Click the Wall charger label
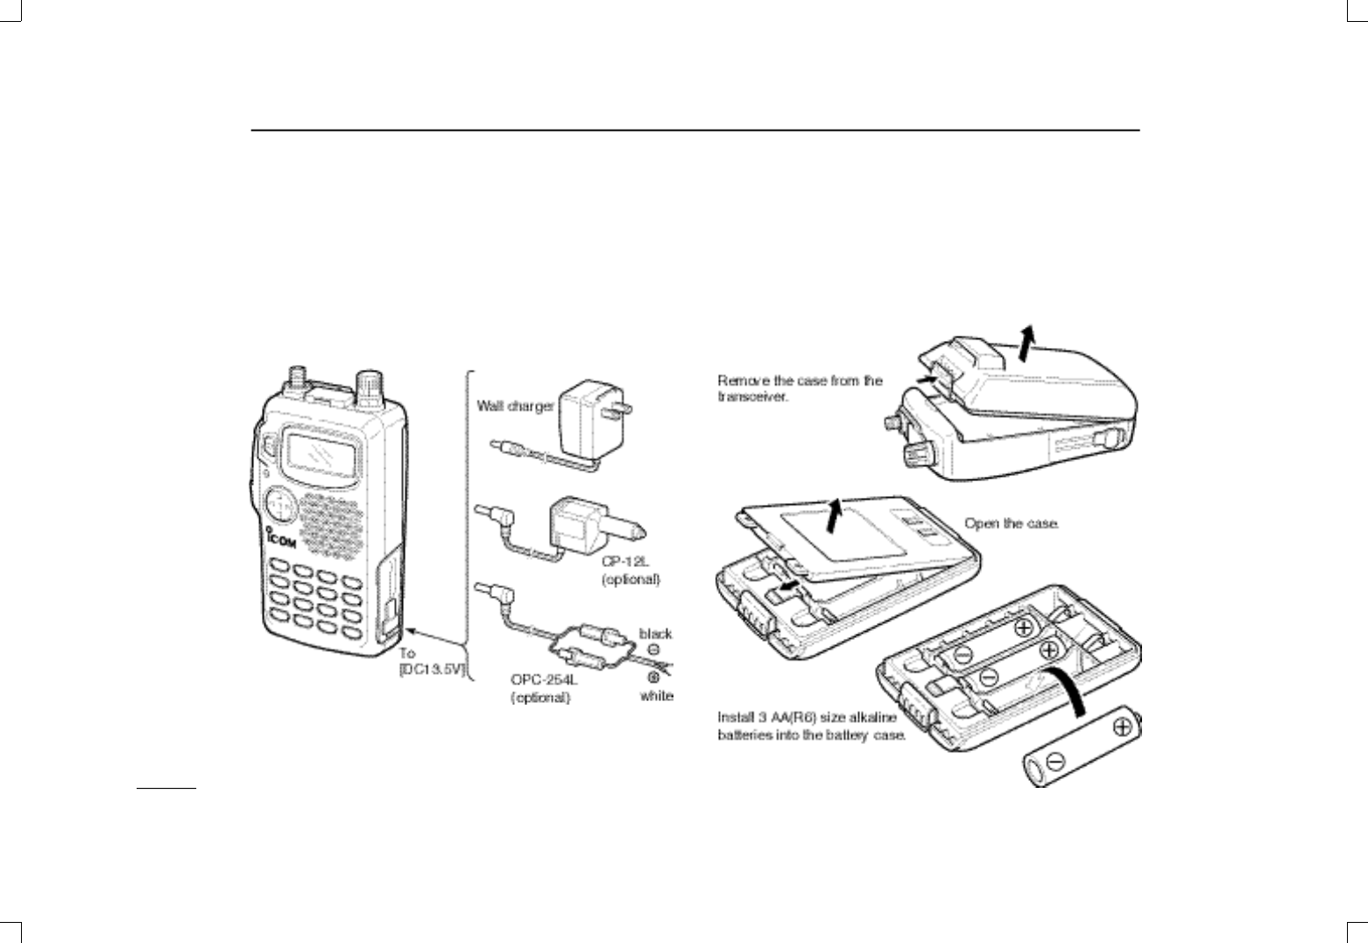[515, 406]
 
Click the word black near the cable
[655, 633]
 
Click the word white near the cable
[656, 696]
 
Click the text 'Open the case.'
[1012, 523]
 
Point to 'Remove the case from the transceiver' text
[800, 388]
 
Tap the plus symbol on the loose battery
[1122, 727]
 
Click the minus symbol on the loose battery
[1054, 761]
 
